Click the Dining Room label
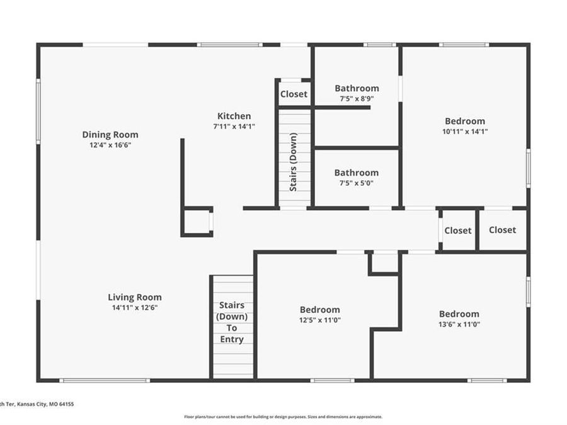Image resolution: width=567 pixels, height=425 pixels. (x=110, y=135)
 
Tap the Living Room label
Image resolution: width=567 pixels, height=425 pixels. (x=135, y=297)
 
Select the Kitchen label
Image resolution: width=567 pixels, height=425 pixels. (x=234, y=116)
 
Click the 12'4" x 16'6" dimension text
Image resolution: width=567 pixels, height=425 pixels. (x=110, y=145)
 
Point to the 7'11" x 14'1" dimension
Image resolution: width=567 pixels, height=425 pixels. (x=234, y=127)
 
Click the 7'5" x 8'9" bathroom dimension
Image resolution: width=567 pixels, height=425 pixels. (x=357, y=99)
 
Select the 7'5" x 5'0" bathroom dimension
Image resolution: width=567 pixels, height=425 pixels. (x=356, y=183)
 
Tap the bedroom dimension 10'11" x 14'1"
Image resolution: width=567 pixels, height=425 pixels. (x=465, y=132)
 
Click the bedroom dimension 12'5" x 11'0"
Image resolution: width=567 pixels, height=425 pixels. (x=319, y=320)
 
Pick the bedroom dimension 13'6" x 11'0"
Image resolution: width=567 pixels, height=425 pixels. (x=459, y=324)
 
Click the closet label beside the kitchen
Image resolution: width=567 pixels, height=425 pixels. (x=294, y=94)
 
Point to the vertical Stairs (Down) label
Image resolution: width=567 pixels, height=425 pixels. (x=293, y=162)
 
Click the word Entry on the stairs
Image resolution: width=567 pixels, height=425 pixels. (x=232, y=339)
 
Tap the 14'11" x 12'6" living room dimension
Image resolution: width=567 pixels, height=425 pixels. (x=135, y=308)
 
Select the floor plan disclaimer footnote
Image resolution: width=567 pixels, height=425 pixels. (x=283, y=417)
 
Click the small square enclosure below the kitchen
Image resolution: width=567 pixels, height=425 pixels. (x=197, y=222)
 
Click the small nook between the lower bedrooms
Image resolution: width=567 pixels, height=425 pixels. (x=385, y=263)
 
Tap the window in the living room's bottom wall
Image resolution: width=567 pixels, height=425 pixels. (x=105, y=380)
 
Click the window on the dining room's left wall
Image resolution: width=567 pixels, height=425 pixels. (x=38, y=112)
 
